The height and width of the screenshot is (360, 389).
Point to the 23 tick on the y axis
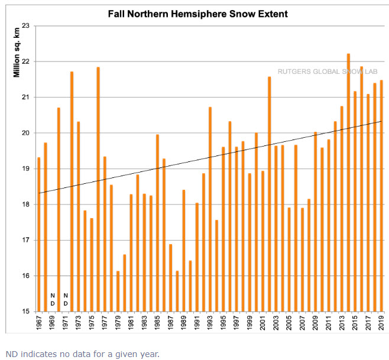(26, 25)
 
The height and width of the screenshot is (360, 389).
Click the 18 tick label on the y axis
(26, 205)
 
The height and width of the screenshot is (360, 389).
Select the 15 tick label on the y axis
(26, 312)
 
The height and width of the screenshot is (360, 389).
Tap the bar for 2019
(381, 196)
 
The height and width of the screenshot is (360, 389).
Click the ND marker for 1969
(52, 299)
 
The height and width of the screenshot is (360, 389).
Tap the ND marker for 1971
(66, 299)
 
